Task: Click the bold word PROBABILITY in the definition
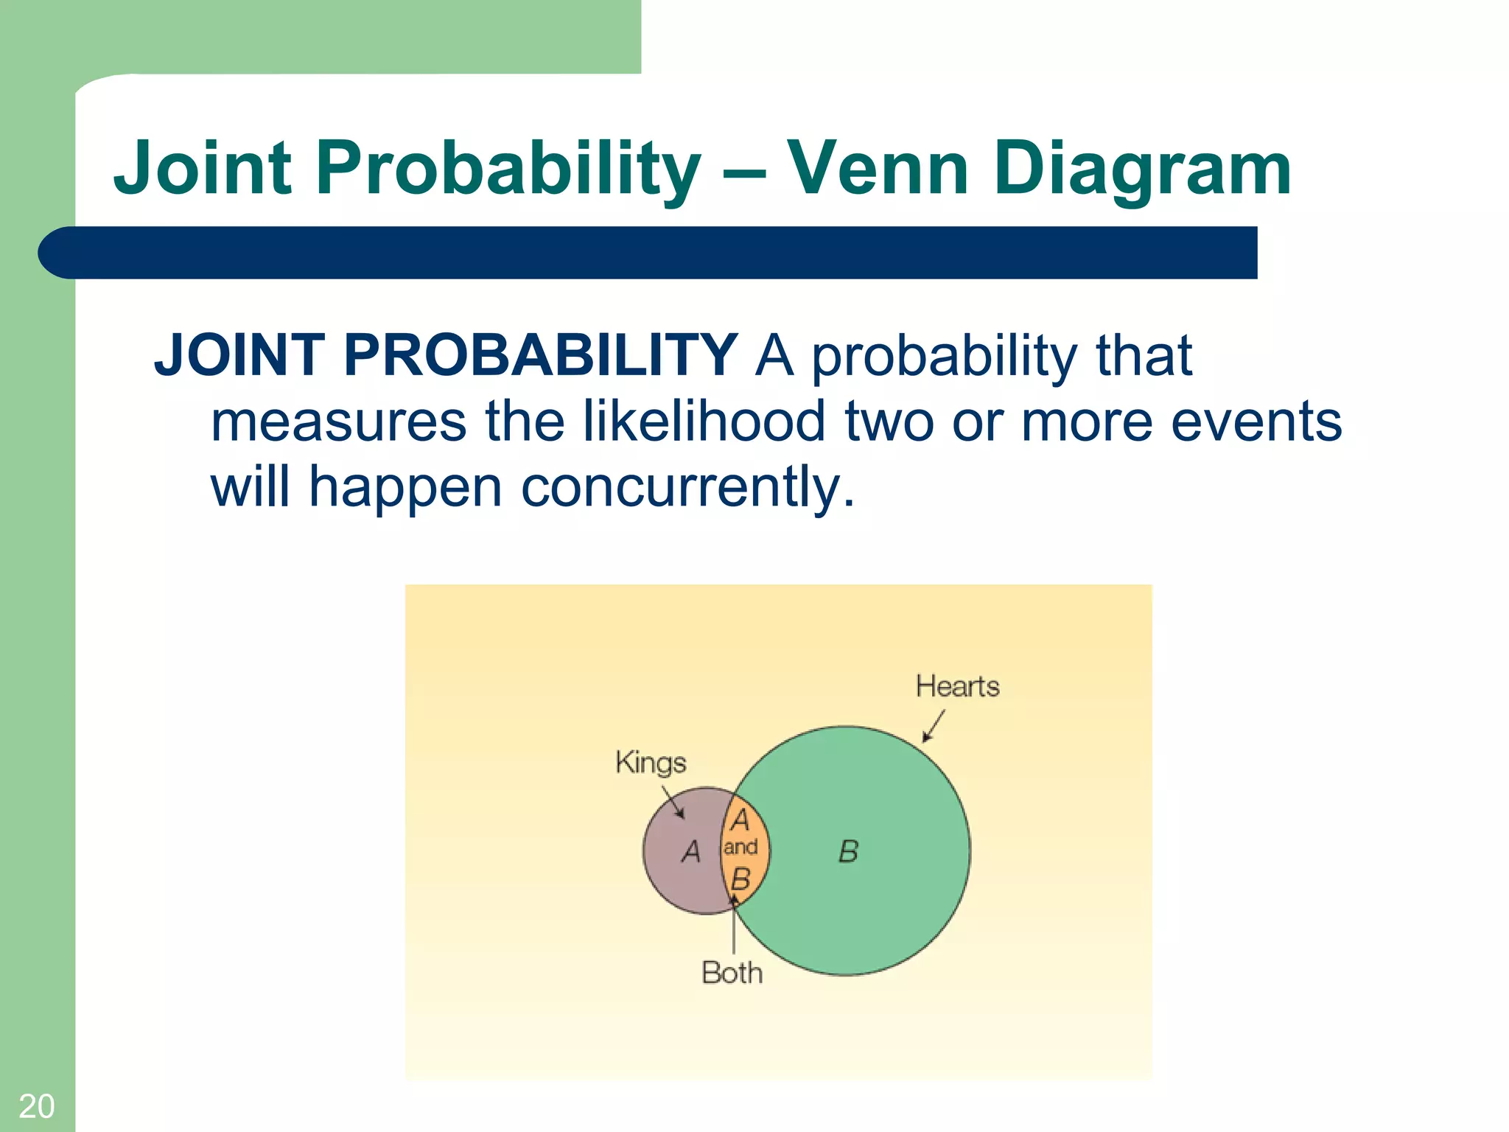539,356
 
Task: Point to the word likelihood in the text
704,422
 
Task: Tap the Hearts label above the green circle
957,686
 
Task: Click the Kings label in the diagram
651,762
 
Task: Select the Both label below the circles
732,973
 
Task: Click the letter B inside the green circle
848,852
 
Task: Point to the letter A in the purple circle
691,852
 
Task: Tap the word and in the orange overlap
741,848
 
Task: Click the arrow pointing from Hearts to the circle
934,726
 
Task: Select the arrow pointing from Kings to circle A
673,802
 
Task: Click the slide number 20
36,1106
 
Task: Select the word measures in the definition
338,422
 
